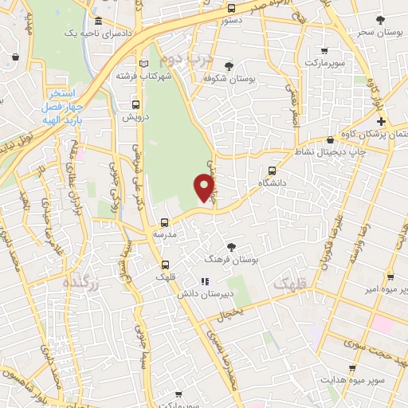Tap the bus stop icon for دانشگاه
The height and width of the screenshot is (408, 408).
click(x=273, y=170)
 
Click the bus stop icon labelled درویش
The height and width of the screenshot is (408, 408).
click(x=135, y=104)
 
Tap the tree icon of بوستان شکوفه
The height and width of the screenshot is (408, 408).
click(x=229, y=66)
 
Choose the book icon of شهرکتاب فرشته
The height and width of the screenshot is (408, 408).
click(x=143, y=64)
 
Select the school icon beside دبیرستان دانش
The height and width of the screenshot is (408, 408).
click(x=204, y=280)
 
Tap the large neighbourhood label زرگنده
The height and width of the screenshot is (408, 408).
click(x=82, y=284)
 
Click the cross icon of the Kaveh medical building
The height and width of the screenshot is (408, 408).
click(x=382, y=121)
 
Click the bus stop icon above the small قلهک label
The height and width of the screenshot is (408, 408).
click(x=165, y=264)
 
